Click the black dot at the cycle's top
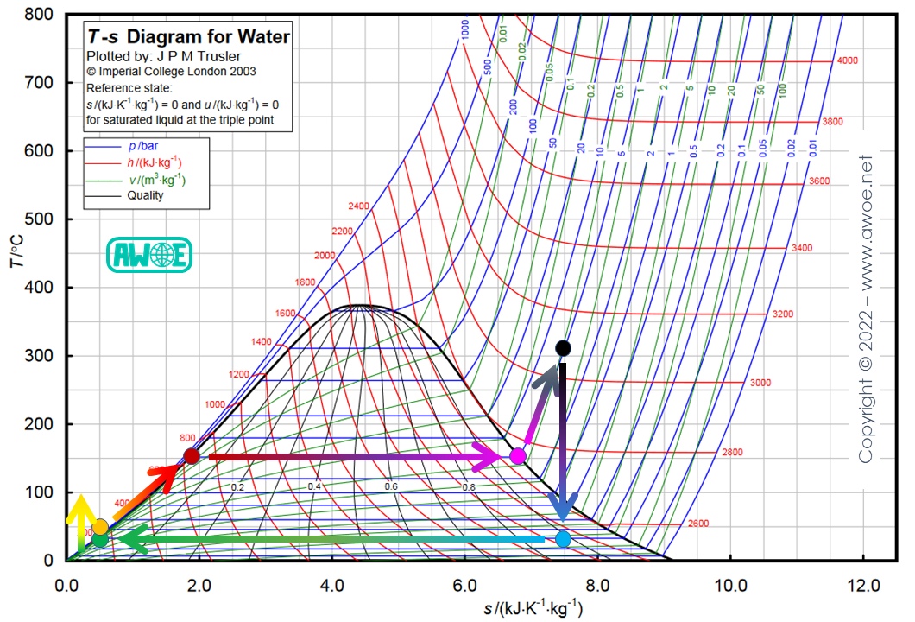(563, 348)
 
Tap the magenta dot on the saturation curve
(518, 456)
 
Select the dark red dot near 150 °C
(192, 456)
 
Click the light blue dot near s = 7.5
(563, 539)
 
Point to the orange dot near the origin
(100, 526)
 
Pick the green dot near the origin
(101, 540)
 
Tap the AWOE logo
(148, 255)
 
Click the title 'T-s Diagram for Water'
(186, 37)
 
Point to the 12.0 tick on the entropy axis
(862, 584)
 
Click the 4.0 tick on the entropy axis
(332, 584)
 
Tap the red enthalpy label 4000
(847, 60)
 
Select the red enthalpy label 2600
(698, 524)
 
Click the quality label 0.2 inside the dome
(237, 487)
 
